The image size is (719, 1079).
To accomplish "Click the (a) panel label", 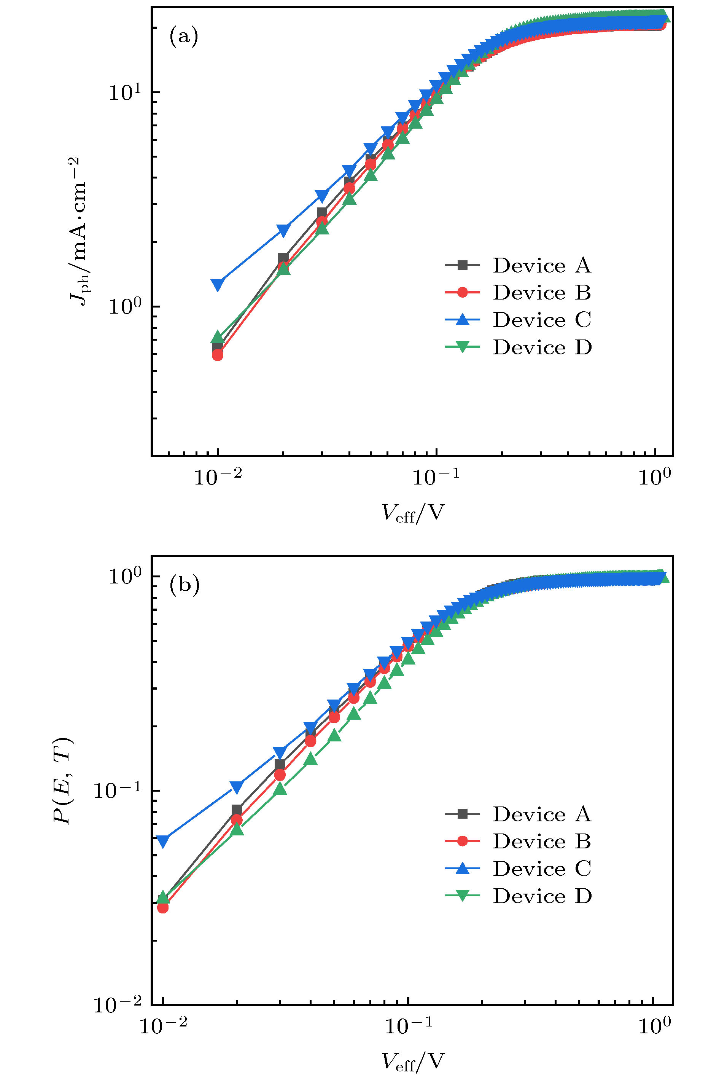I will (x=184, y=36).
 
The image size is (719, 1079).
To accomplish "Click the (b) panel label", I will (x=185, y=585).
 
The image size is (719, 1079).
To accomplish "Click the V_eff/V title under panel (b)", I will (x=413, y=1061).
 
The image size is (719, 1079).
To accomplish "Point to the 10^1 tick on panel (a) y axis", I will (x=125, y=92).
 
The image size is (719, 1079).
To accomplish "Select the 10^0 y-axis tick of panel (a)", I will (x=125, y=306).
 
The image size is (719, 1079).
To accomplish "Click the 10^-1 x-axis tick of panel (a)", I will (x=436, y=478).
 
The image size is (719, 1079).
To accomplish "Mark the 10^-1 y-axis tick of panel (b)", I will (x=117, y=791).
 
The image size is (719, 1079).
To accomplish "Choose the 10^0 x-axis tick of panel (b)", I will (x=655, y=1026).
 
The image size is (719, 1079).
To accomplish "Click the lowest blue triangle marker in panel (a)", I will (x=218, y=284).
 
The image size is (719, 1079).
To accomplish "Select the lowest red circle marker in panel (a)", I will (x=218, y=355).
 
